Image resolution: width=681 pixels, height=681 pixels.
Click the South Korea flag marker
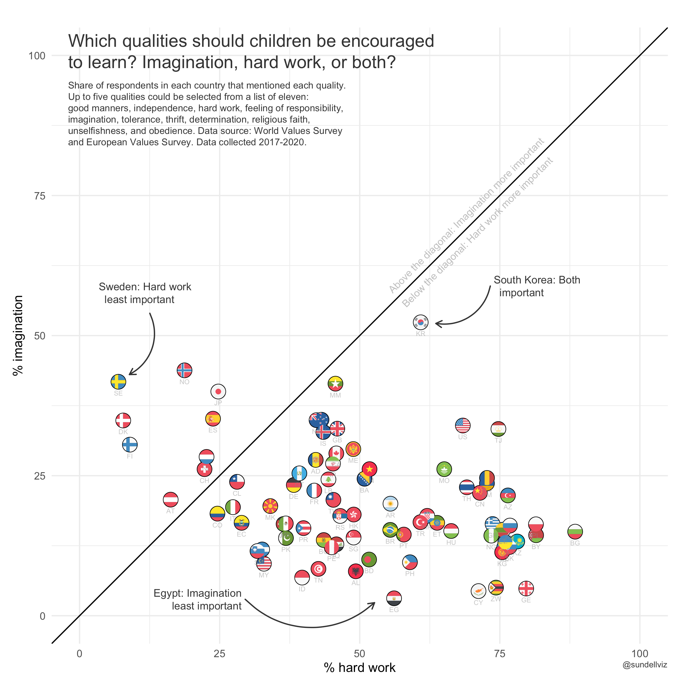[x=421, y=322]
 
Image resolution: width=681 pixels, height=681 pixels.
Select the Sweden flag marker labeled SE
[x=118, y=382]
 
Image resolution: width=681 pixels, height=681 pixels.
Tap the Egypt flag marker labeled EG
[x=394, y=598]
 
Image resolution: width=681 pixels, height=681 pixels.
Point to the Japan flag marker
[x=218, y=392]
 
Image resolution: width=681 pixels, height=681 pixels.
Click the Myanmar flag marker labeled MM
[x=335, y=384]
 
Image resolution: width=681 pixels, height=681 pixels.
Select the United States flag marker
[x=463, y=425]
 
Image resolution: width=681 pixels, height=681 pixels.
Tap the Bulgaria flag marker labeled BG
[x=575, y=531]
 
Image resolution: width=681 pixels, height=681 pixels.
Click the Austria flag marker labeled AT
[x=171, y=499]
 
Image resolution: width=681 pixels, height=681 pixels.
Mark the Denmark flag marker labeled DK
[x=123, y=420]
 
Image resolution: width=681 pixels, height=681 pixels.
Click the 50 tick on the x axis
[x=360, y=654]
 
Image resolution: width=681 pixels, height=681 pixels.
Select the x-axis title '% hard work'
[x=360, y=668]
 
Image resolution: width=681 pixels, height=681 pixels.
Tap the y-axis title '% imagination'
[x=18, y=336]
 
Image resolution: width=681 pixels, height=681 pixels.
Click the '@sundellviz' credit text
[x=645, y=665]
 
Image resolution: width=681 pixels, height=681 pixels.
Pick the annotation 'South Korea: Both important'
[x=537, y=286]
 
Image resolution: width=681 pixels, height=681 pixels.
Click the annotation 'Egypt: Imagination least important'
[x=198, y=600]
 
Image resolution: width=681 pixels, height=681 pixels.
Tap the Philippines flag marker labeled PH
[x=409, y=562]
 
